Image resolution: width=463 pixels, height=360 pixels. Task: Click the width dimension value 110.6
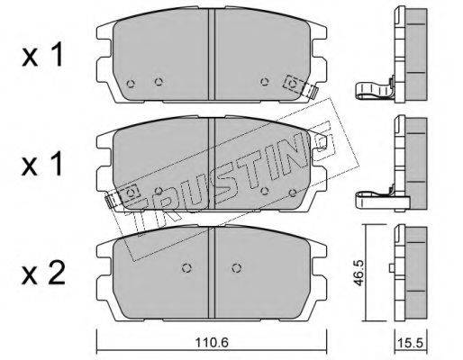click(x=212, y=342)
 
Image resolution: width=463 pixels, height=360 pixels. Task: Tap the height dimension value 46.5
click(x=359, y=273)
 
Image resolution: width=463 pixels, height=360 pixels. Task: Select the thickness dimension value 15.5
click(x=410, y=342)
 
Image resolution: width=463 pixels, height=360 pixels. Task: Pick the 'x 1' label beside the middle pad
click(x=42, y=164)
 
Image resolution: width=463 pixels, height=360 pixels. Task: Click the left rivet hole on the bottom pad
click(x=186, y=268)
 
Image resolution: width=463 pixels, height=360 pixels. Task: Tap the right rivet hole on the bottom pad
click(x=237, y=268)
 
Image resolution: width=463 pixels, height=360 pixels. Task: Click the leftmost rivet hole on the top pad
click(x=131, y=84)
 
